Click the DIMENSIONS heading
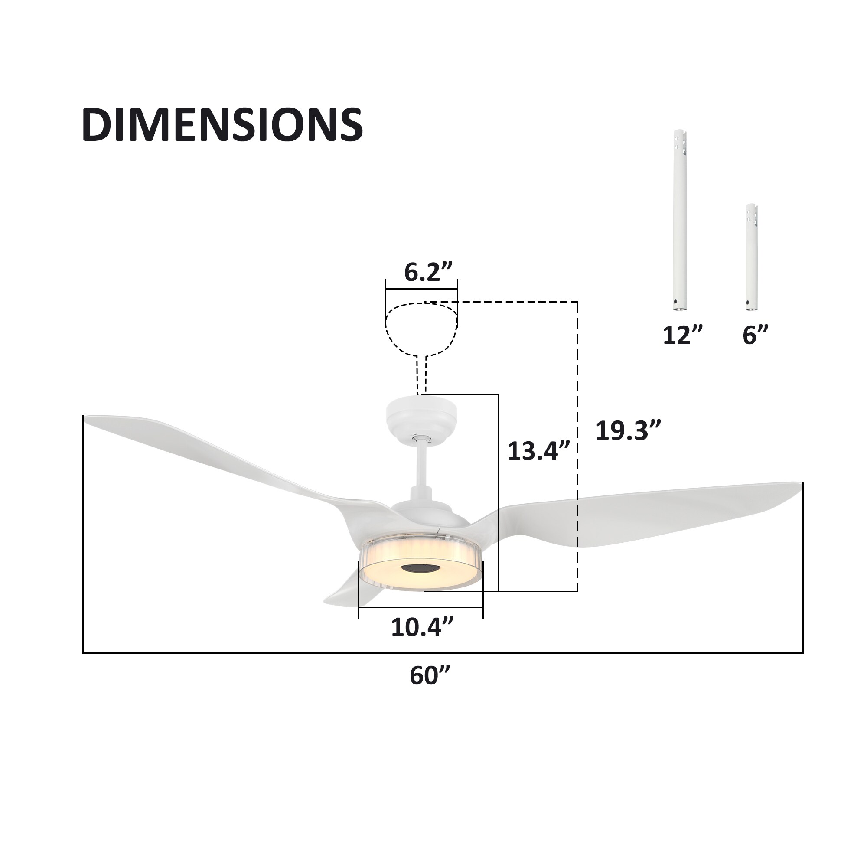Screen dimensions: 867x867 [222, 125]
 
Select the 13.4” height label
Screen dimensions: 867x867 [538, 450]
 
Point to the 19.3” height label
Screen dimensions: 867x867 [628, 430]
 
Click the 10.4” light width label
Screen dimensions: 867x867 [422, 627]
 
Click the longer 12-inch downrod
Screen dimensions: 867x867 [680, 220]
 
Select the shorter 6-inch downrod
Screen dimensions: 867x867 [752, 257]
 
